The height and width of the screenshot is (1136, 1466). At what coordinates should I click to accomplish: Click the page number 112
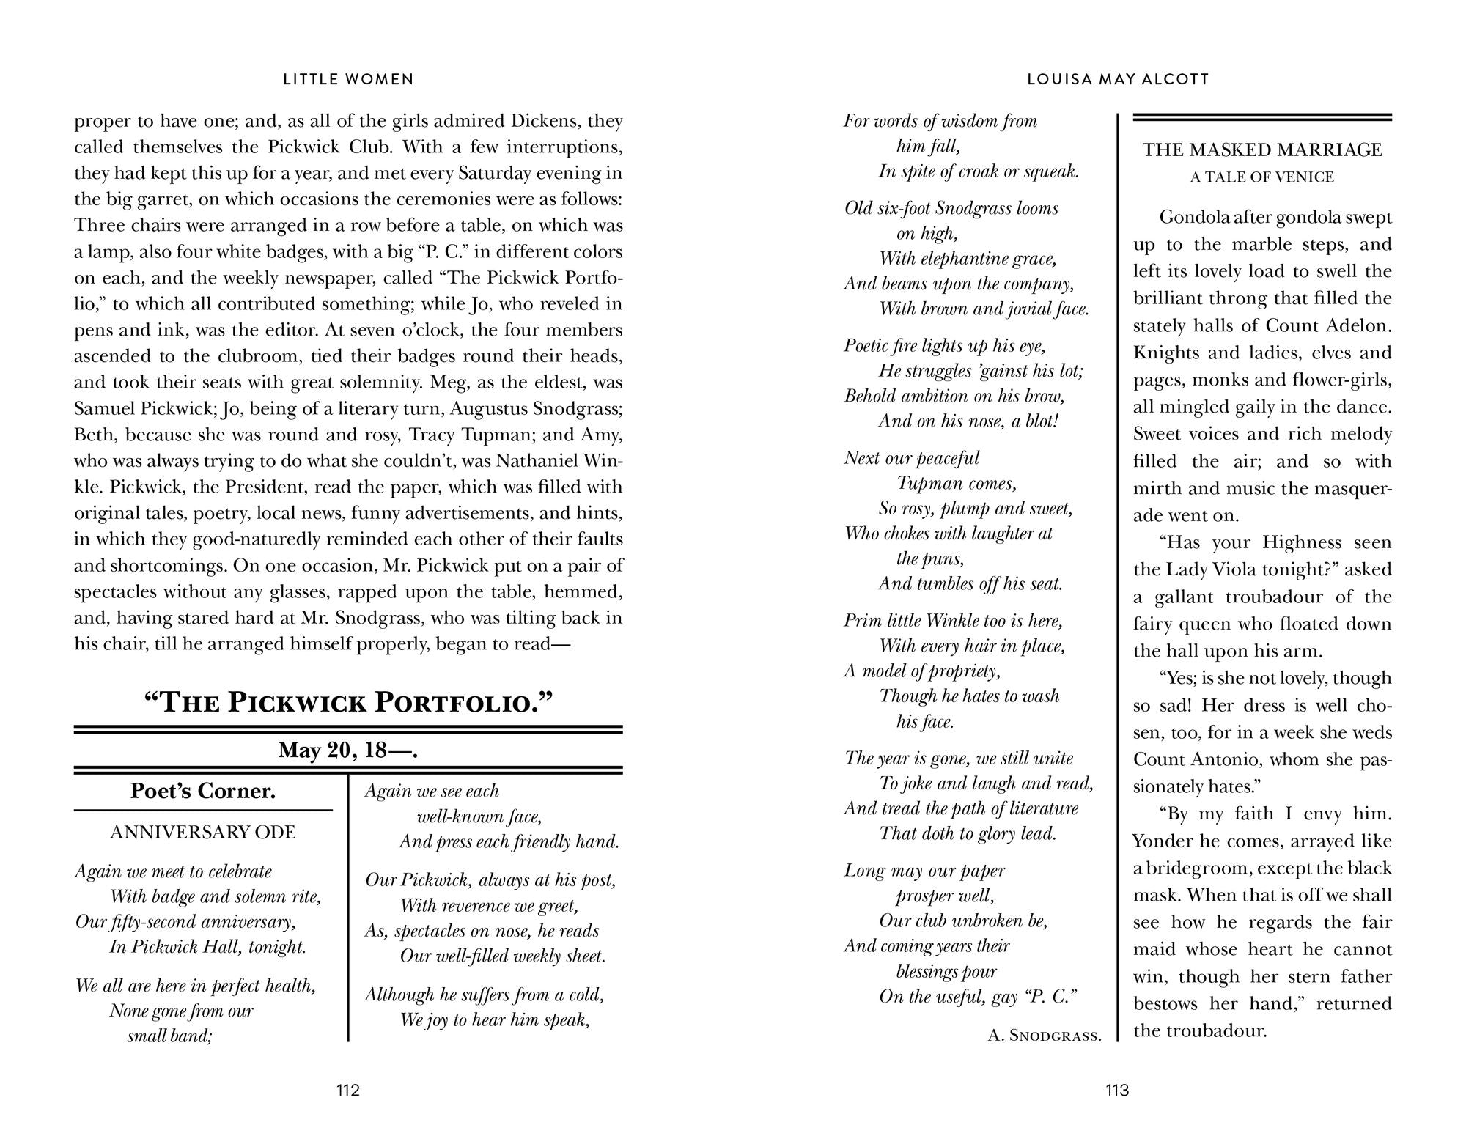pyautogui.click(x=347, y=1090)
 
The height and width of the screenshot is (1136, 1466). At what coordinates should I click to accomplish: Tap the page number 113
pyautogui.click(x=1117, y=1090)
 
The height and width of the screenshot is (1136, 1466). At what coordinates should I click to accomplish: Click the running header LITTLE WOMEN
pyautogui.click(x=348, y=79)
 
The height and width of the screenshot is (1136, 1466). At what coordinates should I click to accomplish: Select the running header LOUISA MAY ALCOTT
pyautogui.click(x=1118, y=79)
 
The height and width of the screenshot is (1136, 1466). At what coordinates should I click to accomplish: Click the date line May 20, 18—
pyautogui.click(x=347, y=750)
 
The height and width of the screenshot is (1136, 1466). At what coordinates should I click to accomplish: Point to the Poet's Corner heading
pyautogui.click(x=202, y=791)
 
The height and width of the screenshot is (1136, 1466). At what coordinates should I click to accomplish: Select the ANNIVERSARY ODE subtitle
pyautogui.click(x=202, y=832)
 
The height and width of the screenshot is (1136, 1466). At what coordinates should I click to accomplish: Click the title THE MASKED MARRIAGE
pyautogui.click(x=1261, y=150)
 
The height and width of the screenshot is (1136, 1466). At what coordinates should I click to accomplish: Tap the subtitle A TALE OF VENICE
pyautogui.click(x=1261, y=177)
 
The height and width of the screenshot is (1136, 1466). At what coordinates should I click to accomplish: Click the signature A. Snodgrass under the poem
pyautogui.click(x=1045, y=1035)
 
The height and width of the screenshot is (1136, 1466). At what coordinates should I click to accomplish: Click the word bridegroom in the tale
pyautogui.click(x=1196, y=868)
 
